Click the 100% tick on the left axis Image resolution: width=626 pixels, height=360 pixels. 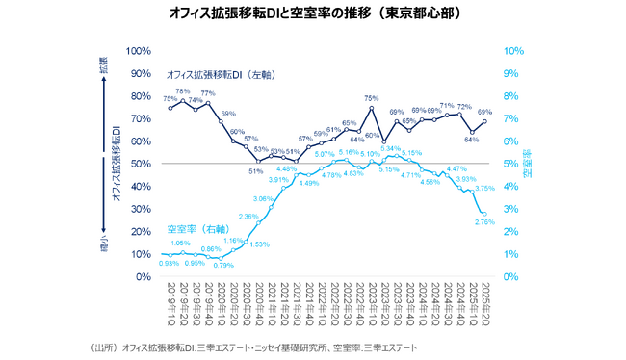141,51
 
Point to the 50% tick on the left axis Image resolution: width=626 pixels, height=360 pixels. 143,164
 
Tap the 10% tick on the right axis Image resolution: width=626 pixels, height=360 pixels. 513,51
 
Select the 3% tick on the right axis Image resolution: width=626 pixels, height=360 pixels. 511,209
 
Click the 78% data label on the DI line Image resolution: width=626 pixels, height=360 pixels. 182,91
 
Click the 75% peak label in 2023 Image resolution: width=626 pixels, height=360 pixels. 371,98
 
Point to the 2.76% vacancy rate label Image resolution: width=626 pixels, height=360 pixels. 484,222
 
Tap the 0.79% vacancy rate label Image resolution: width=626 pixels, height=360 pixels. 223,265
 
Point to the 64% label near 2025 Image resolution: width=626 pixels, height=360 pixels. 471,139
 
